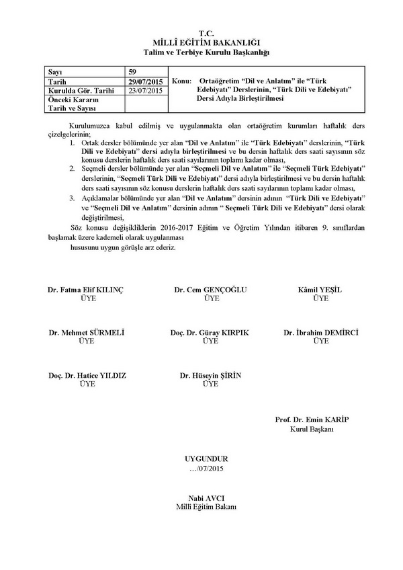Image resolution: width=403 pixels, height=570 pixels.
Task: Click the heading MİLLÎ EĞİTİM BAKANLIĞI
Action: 206,42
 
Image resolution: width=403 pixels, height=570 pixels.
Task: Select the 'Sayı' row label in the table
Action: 55,71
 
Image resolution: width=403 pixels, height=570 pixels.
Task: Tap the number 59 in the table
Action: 133,71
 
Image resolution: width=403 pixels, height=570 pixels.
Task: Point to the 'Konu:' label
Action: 183,81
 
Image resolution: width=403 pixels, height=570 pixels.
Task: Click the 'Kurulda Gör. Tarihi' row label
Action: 77,90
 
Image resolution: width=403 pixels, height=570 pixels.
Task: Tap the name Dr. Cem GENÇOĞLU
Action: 211,290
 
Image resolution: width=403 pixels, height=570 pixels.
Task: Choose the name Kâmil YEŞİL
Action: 320,290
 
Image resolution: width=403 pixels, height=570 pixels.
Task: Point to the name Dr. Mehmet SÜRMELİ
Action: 87,333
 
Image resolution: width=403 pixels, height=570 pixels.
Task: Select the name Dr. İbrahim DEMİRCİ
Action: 321,333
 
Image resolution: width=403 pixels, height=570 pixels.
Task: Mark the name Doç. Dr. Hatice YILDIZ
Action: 87,375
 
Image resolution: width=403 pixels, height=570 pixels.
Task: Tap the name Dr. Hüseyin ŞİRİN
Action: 211,375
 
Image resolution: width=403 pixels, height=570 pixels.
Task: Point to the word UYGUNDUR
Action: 206,458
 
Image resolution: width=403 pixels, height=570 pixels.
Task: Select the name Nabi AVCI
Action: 206,498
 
